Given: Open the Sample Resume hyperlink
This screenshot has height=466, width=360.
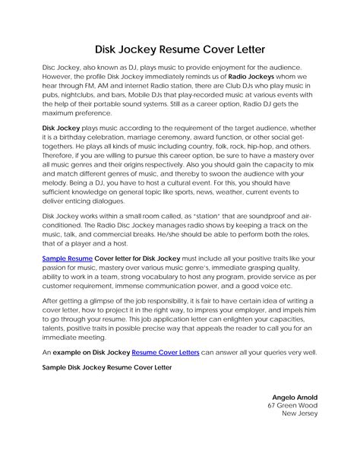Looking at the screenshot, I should pos(66,258).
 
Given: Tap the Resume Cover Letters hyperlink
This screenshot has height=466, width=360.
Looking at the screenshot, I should pos(169,353).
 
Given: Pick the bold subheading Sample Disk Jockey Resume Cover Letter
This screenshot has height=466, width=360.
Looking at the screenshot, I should pos(106,367).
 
